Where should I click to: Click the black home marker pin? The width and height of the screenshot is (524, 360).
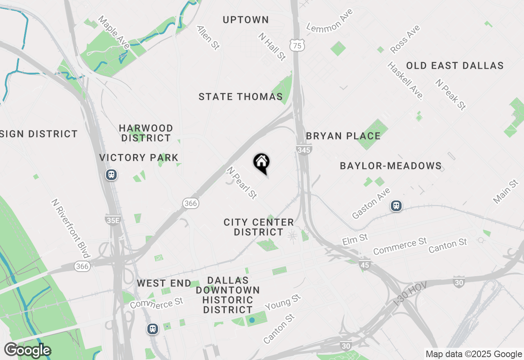coord(262,163)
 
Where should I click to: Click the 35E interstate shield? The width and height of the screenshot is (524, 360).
coord(113,220)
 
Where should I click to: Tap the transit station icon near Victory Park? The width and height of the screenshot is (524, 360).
coord(111,175)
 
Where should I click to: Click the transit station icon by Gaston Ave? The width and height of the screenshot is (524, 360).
coord(396,205)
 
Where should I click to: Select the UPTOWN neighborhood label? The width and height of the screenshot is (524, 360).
coord(246,20)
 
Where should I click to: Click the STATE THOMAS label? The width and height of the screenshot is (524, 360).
coord(241,97)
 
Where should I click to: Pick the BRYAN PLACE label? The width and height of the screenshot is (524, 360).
coord(343,136)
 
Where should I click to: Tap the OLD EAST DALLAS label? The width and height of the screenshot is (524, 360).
coord(454,65)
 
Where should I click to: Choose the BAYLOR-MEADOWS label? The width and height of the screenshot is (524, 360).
coord(391,166)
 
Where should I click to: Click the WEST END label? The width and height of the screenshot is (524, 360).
coord(164,283)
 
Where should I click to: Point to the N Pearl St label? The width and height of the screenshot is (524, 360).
coord(242,183)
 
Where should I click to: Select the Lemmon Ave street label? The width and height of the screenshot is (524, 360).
coord(330,20)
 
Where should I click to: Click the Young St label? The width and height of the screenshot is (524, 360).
coord(282,303)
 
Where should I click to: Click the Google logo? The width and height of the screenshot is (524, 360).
coord(27,351)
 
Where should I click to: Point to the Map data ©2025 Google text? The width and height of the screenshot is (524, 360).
coord(473,354)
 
